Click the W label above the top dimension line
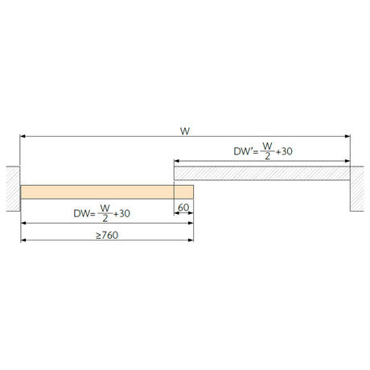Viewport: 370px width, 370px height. coord(185,131)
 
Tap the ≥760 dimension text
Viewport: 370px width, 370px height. coord(107,235)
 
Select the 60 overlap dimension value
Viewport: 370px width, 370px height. coord(183,208)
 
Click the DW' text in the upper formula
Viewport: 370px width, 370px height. coord(243,151)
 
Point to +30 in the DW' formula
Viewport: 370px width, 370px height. coord(284,151)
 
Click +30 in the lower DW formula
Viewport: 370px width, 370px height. coord(121,214)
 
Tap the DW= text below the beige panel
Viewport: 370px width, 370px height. coord(84,214)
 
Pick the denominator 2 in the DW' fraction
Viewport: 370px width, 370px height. coord(267,156)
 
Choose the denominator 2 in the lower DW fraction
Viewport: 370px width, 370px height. coord(105,219)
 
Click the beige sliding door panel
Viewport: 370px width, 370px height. coord(107,192)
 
